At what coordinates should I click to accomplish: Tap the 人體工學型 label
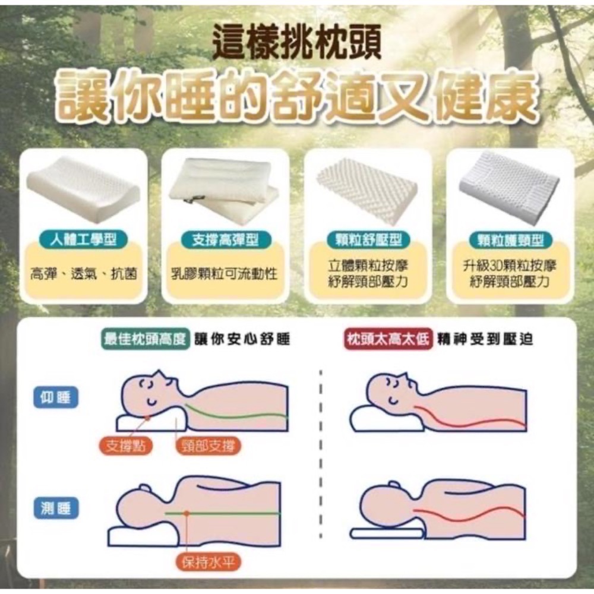[x=83, y=240]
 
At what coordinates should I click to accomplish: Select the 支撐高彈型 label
[x=225, y=240]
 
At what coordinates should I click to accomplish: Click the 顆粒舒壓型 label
[x=368, y=240]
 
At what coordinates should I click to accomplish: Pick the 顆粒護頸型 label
[x=510, y=240]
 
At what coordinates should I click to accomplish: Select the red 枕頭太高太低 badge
[x=388, y=339]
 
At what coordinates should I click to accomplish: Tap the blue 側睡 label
[x=56, y=508]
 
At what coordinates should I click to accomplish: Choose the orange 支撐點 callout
[x=125, y=446]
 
